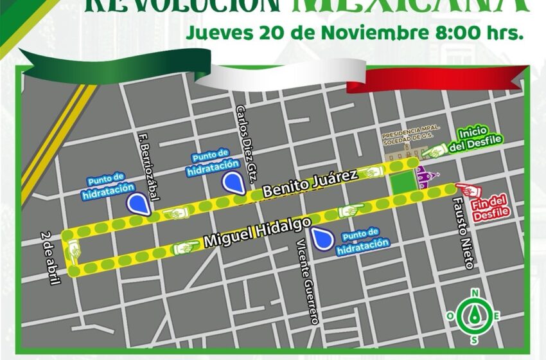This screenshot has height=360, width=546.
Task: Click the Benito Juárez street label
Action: click(x=310, y=183)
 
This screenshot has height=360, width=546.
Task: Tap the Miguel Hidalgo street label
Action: click(x=257, y=232)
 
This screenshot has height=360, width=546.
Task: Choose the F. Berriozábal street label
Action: click(x=148, y=166)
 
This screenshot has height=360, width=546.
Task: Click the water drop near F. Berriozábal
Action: click(x=137, y=204)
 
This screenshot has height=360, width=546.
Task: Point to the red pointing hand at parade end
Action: click(x=464, y=188)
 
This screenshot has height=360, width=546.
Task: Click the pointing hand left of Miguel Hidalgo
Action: click(x=186, y=246)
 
